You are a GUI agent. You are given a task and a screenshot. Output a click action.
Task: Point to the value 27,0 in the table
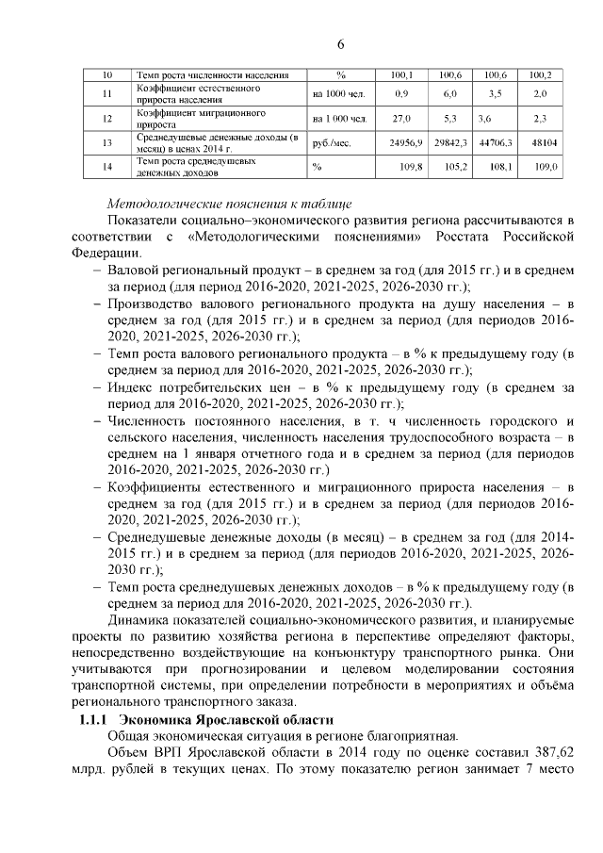[401, 119]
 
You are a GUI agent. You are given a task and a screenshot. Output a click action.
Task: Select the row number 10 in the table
[107, 74]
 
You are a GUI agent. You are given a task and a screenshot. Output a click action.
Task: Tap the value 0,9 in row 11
[401, 94]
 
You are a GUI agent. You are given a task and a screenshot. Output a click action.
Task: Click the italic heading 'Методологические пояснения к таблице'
[230, 204]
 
